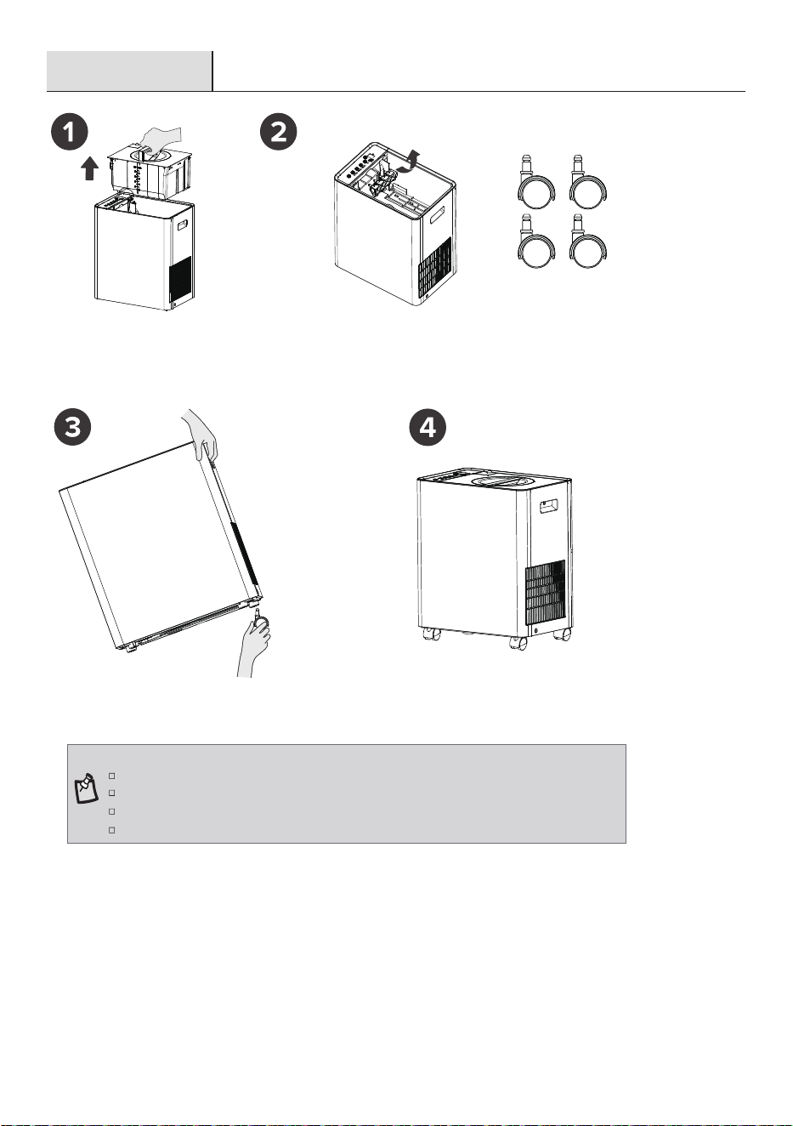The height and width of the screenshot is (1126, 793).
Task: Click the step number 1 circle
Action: [70, 132]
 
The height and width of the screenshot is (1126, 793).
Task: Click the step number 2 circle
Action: [279, 132]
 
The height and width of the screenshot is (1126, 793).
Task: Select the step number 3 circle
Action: [73, 427]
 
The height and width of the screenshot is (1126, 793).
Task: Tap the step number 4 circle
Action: [428, 427]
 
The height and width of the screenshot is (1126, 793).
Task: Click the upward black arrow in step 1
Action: [89, 168]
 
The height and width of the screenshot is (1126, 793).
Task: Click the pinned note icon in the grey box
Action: [86, 788]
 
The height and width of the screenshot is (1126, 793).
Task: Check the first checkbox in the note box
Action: [111, 776]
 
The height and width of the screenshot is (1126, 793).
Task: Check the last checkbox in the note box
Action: [111, 830]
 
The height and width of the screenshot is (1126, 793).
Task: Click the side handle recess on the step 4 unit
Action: [550, 506]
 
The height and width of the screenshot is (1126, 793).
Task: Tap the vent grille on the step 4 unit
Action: [546, 592]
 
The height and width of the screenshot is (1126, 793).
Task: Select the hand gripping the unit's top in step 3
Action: [201, 435]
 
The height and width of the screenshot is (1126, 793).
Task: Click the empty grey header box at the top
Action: [129, 71]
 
